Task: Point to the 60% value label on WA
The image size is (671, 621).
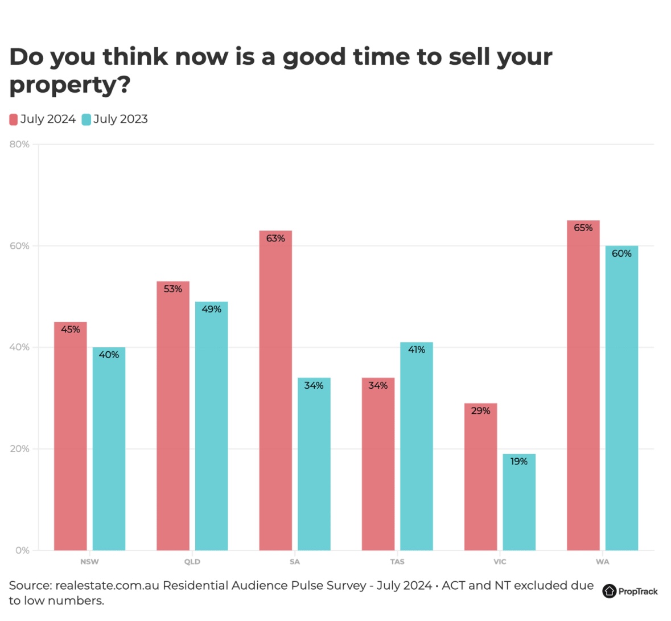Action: (621, 254)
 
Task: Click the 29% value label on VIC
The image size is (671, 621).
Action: (480, 411)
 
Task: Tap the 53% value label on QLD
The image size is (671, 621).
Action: (173, 289)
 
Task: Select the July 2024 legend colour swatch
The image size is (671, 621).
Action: (14, 120)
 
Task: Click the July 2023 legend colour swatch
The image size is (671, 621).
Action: (87, 120)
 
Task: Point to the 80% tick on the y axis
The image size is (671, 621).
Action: (19, 145)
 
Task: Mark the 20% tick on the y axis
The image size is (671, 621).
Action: (19, 449)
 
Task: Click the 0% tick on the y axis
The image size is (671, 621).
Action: (22, 550)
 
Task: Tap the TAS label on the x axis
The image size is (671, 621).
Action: (397, 562)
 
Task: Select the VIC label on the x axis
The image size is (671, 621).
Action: (500, 562)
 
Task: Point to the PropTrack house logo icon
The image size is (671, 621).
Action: (610, 591)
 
